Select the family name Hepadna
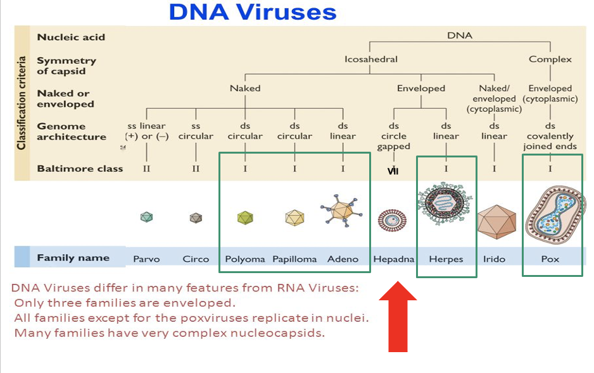pos(394,259)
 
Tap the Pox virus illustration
pos(554,214)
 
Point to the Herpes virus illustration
pos(445,204)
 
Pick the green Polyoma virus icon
pos(245,217)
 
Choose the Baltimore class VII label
pos(393,171)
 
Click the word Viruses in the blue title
pos(287,12)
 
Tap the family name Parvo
pos(147,259)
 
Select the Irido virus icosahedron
pos(496,222)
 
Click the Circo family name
pos(196,259)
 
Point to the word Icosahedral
pos(371,59)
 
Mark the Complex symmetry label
pos(550,59)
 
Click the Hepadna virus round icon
pos(393,220)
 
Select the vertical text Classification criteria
pos(22,103)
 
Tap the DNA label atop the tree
pos(460,35)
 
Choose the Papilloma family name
pos(294,259)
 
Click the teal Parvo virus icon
pos(147,217)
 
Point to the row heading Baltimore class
pos(80,169)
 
